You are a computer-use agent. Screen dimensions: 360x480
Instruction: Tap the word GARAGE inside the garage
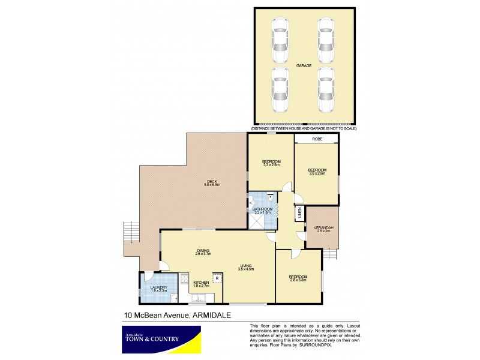coord(303,65)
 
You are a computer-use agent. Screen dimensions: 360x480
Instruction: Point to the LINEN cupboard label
coord(298,213)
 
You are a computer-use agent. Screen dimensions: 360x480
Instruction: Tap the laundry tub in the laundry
coord(173,298)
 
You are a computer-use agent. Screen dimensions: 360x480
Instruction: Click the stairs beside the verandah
coord(331,254)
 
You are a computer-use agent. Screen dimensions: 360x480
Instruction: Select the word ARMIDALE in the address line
coord(214,315)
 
